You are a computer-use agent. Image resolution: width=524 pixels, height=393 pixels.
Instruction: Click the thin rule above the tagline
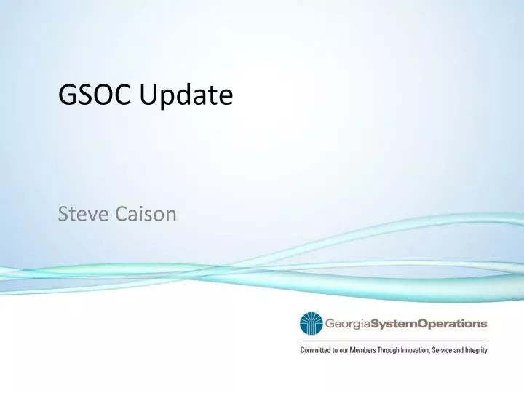click(x=393, y=340)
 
